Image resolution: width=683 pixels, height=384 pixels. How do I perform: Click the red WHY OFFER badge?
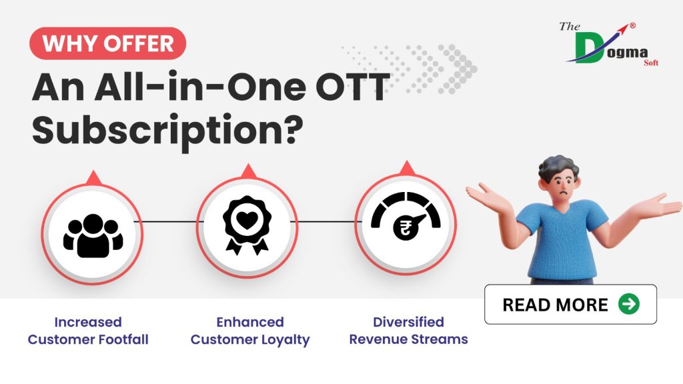(107, 44)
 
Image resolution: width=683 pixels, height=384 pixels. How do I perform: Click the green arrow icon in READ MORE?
(628, 305)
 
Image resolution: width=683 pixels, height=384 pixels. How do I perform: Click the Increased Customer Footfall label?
(88, 331)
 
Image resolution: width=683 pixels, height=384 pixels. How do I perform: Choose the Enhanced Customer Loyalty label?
(250, 331)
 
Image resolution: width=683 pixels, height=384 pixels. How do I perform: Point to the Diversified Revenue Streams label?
(408, 331)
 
